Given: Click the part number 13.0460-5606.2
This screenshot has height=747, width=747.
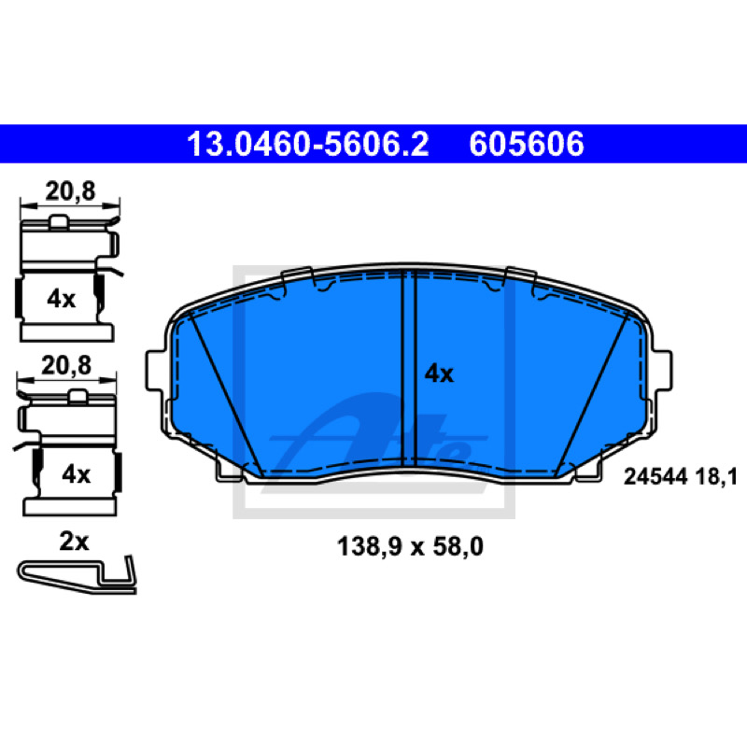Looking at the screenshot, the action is click(x=308, y=144).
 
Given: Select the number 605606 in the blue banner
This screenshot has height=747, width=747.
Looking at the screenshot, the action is click(x=527, y=144).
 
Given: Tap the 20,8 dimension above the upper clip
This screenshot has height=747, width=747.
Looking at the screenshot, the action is click(x=71, y=191).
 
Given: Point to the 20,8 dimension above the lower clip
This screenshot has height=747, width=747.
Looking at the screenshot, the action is click(x=66, y=366).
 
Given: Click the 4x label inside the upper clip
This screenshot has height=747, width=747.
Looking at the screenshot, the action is click(x=61, y=299).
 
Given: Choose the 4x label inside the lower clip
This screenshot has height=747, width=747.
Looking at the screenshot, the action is click(x=77, y=474).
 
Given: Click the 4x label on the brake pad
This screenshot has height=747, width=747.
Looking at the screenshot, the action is click(x=439, y=373).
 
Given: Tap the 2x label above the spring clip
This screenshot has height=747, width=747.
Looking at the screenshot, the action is click(x=74, y=542).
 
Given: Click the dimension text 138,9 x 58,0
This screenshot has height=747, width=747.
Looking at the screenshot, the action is click(x=410, y=546).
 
